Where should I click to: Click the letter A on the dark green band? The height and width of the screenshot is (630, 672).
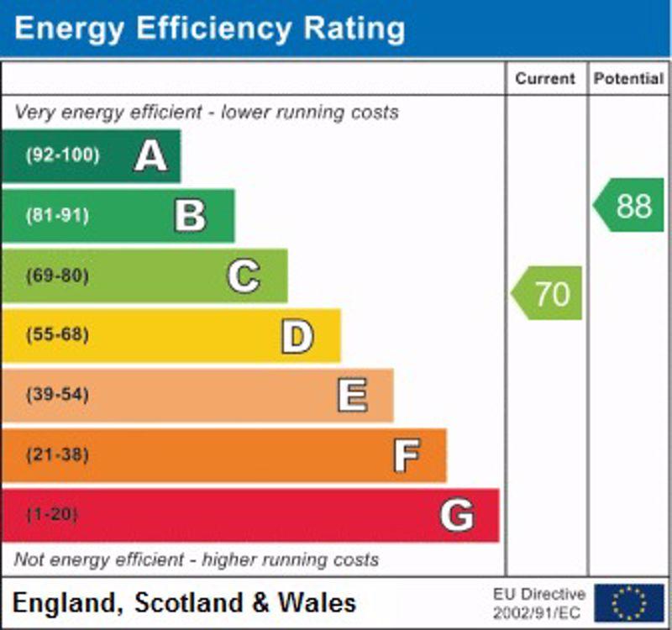pos(151,156)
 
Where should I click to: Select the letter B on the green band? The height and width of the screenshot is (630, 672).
pos(190,216)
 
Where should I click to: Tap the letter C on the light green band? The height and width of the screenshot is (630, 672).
pos(244,276)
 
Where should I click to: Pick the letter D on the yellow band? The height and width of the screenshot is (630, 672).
pos(297,336)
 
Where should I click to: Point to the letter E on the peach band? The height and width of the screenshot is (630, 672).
pos(352,396)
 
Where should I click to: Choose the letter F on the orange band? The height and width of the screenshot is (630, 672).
pos(407,456)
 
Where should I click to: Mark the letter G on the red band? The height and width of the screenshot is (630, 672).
pos(457,515)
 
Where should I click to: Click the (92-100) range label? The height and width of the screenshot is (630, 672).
pos(62,155)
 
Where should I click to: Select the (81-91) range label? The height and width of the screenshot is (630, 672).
pos(57,216)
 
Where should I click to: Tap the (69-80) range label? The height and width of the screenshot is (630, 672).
pos(57,276)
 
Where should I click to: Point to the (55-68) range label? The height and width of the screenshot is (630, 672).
pos(57,335)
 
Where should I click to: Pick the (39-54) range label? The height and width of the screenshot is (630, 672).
pos(57,395)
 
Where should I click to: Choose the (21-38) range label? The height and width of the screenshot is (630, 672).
pos(57,455)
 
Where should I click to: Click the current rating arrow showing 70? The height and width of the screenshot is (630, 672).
pos(548,293)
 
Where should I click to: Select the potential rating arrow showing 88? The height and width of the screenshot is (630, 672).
pos(630,205)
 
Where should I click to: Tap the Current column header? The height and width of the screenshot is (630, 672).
pos(545,79)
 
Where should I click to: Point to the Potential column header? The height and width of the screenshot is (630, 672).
pos(628,79)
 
